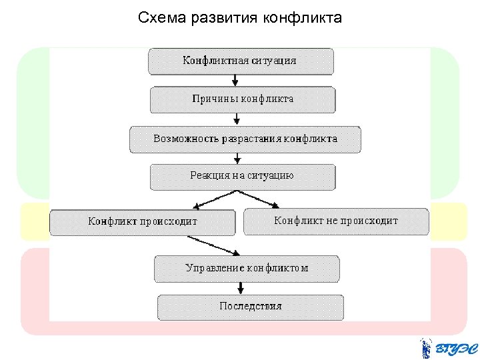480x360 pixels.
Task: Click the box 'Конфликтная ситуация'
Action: pyautogui.click(x=240, y=61)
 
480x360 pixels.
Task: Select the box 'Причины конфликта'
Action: pyautogui.click(x=243, y=99)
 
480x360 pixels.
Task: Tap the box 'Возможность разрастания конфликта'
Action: pyautogui.click(x=245, y=139)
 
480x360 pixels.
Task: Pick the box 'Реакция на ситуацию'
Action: pyautogui.click(x=243, y=177)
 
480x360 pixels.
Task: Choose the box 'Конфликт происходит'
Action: pyautogui.click(x=143, y=222)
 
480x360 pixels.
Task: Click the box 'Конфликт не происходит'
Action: pyautogui.click(x=335, y=221)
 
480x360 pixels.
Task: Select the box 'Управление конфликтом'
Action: pyautogui.click(x=247, y=269)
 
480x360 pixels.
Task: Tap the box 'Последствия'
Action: pyautogui.click(x=251, y=307)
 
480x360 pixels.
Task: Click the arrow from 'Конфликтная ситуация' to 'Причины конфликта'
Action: pyautogui.click(x=235, y=80)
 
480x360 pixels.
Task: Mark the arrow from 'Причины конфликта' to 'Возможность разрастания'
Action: pyautogui.click(x=237, y=119)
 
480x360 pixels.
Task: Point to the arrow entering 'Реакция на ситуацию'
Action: pyautogui.click(x=238, y=158)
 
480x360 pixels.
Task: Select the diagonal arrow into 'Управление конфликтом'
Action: pyautogui.click(x=213, y=245)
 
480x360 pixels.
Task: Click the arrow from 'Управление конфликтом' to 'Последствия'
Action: pyautogui.click(x=241, y=287)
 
